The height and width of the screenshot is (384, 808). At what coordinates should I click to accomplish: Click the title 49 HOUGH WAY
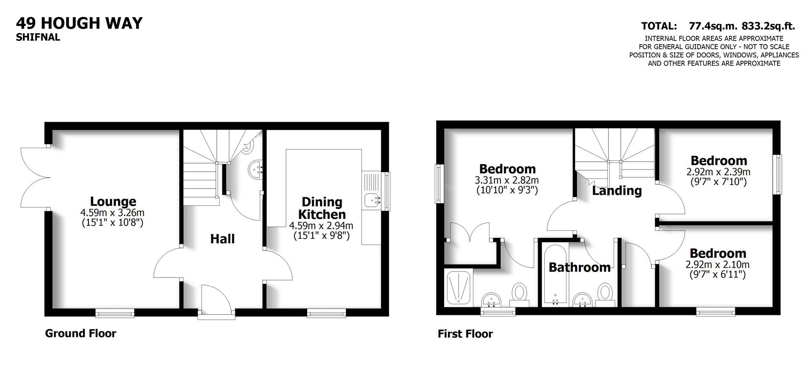click(x=79, y=23)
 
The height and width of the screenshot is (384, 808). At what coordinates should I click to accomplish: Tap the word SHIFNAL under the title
click(x=38, y=37)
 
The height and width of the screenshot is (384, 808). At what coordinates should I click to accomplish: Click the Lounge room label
click(x=113, y=201)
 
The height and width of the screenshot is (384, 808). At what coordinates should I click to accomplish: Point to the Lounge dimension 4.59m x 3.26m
click(x=113, y=213)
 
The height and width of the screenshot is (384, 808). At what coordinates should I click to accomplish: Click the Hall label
click(x=222, y=239)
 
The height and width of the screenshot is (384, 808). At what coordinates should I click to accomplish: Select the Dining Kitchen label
click(x=322, y=208)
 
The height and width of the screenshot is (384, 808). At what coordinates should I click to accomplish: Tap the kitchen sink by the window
click(x=372, y=200)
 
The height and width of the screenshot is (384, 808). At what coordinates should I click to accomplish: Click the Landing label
click(x=617, y=191)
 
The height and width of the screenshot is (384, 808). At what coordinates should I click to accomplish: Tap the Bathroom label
click(x=579, y=267)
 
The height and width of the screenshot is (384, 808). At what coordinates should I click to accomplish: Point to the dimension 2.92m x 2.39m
click(x=718, y=172)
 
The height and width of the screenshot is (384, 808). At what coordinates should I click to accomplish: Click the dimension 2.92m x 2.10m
click(x=718, y=265)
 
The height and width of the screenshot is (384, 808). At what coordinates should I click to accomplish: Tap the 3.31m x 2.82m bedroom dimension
click(x=507, y=181)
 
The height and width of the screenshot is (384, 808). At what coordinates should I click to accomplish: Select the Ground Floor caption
click(x=80, y=333)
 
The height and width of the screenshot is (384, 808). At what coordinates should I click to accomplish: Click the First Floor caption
click(x=465, y=334)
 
